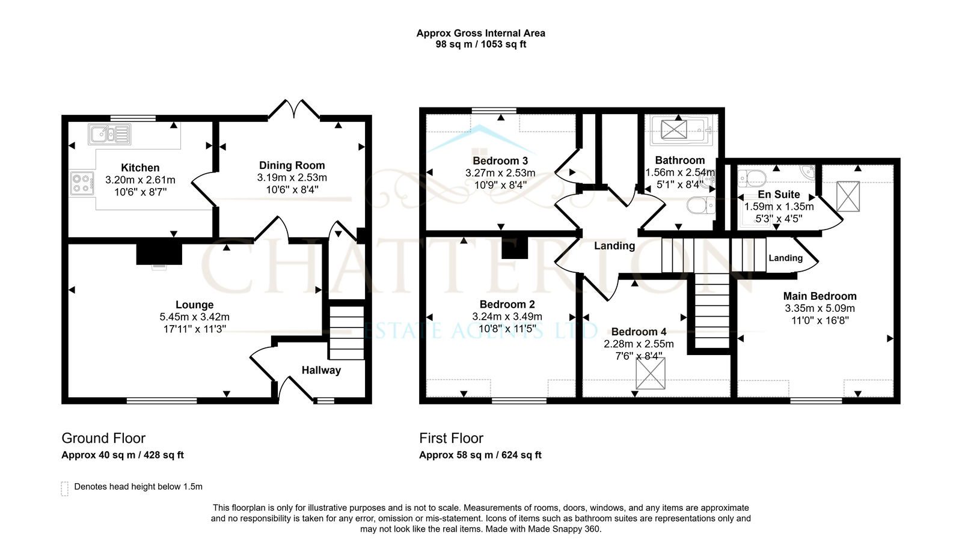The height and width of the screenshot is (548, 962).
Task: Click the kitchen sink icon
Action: [109, 134]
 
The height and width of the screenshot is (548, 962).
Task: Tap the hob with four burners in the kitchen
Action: [82, 183]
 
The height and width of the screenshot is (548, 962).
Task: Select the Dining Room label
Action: [292, 166]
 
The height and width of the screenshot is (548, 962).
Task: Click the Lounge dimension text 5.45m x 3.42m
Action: [195, 317]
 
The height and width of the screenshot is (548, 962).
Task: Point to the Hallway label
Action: [321, 370]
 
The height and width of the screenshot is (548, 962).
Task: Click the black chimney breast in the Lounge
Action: [159, 254]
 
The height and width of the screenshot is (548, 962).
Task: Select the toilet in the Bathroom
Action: [700, 205]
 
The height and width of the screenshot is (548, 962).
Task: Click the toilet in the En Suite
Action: [752, 178]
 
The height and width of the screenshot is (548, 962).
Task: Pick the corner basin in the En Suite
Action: [808, 172]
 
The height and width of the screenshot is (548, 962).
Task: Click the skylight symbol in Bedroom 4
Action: [651, 373]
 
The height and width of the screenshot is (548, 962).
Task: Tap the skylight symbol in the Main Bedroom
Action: [848, 196]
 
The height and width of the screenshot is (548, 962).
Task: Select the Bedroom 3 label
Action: [500, 161]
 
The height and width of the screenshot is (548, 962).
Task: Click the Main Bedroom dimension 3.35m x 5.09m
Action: [820, 308]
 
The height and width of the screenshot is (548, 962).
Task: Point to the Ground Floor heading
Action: [103, 438]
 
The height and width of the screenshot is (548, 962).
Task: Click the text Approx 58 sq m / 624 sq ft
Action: [480, 455]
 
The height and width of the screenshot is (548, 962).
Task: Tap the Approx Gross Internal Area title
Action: [480, 33]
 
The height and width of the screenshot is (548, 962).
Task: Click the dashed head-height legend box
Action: [64, 489]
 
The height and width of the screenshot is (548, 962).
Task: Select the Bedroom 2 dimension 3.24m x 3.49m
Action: [507, 317]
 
